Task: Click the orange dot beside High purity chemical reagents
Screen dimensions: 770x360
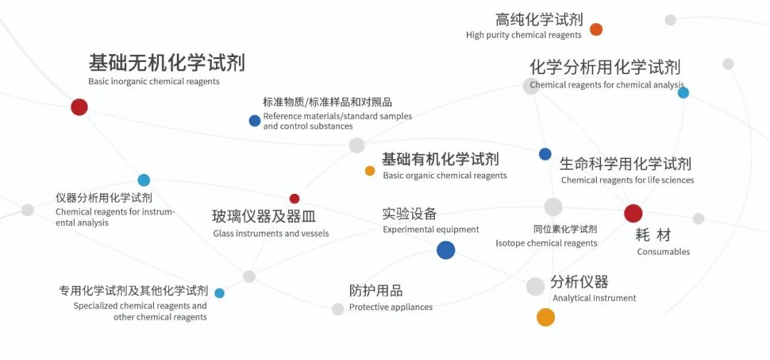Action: [x=596, y=29]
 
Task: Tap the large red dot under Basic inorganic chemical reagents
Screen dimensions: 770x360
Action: [x=79, y=107]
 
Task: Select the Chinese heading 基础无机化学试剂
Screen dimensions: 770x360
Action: [x=166, y=63]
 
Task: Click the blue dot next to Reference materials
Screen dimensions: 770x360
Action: [x=255, y=120]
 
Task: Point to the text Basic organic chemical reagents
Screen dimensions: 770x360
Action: [x=445, y=175]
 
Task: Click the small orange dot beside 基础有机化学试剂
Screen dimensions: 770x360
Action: [x=370, y=170]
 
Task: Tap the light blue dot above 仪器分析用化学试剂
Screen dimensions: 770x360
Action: [x=144, y=180]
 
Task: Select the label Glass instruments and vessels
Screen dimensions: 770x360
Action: [x=271, y=233]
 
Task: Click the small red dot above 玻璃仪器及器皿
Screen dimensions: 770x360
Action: [x=294, y=199]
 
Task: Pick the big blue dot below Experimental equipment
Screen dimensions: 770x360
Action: [x=446, y=250]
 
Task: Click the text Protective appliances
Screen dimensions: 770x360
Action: [x=391, y=307]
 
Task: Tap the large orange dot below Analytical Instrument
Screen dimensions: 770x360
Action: [x=545, y=317]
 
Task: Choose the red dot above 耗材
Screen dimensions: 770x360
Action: [x=633, y=213]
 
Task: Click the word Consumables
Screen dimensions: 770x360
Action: [x=663, y=252]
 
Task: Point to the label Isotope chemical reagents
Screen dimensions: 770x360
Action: [x=546, y=243]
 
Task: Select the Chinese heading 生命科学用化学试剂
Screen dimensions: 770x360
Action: [x=625, y=164]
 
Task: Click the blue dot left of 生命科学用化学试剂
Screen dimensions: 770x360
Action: [x=545, y=154]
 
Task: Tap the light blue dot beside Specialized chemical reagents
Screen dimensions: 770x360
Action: [x=220, y=293]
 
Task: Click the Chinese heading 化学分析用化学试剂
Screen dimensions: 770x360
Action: [x=605, y=67]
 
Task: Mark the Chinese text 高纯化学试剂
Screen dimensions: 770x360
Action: [x=539, y=19]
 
